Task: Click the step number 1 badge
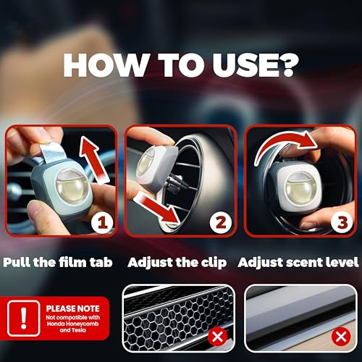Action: point(102,222)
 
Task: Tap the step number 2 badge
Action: point(221,222)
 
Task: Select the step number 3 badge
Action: point(342,222)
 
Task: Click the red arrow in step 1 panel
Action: point(94,159)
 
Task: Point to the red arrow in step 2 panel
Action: point(157,208)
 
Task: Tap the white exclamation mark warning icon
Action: point(23,319)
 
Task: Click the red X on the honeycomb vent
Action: point(218,337)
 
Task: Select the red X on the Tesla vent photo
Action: point(341,337)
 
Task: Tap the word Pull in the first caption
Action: point(17,262)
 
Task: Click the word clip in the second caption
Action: point(214,264)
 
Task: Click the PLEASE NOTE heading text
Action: point(72,308)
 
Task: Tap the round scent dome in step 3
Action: point(300,188)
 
